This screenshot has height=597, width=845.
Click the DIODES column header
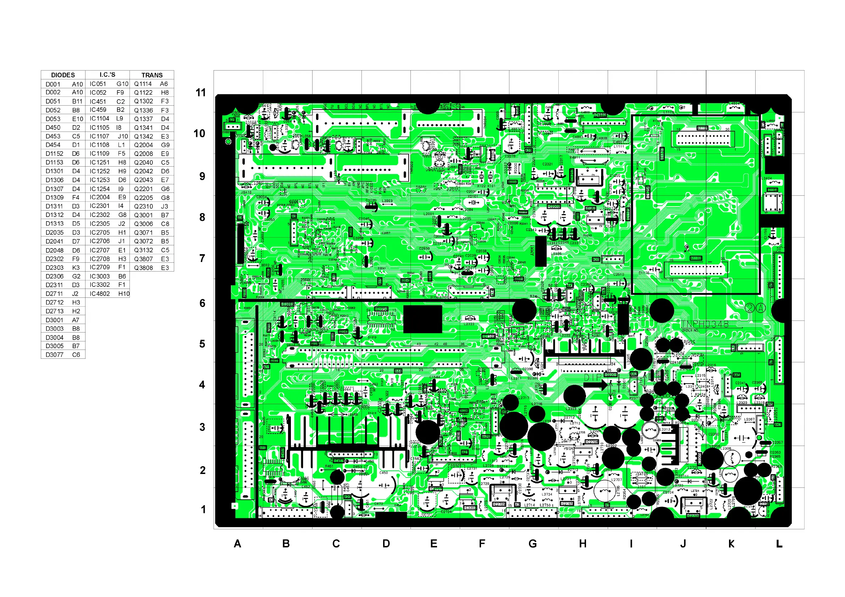pyautogui.click(x=63, y=75)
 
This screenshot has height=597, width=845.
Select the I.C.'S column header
pyautogui.click(x=107, y=75)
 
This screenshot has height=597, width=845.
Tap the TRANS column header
pyautogui.click(x=151, y=75)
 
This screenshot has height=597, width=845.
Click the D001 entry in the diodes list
pyautogui.click(x=53, y=84)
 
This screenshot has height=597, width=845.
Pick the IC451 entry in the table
pyautogui.click(x=98, y=101)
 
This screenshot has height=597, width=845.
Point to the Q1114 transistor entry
pyautogui.click(x=143, y=84)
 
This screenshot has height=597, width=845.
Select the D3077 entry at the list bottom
pyautogui.click(x=55, y=355)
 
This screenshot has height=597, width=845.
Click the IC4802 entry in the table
pyautogui.click(x=100, y=294)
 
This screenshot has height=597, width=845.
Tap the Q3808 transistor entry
pyautogui.click(x=143, y=268)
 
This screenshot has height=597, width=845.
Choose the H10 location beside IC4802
pyautogui.click(x=124, y=294)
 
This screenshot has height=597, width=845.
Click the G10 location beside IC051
pyautogui.click(x=122, y=84)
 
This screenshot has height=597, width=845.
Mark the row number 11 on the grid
pyautogui.click(x=200, y=92)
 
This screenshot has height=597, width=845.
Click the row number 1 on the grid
pyautogui.click(x=203, y=509)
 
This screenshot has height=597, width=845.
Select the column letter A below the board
pyautogui.click(x=237, y=544)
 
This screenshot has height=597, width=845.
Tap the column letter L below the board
pyautogui.click(x=779, y=544)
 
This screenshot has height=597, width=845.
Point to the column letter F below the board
pyautogui.click(x=482, y=544)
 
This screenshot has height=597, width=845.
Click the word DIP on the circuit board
pyautogui.click(x=593, y=378)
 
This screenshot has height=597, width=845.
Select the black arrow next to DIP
pyautogui.click(x=596, y=385)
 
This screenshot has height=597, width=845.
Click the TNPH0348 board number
pyautogui.click(x=705, y=324)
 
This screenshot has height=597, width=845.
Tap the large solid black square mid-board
pyautogui.click(x=422, y=319)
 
